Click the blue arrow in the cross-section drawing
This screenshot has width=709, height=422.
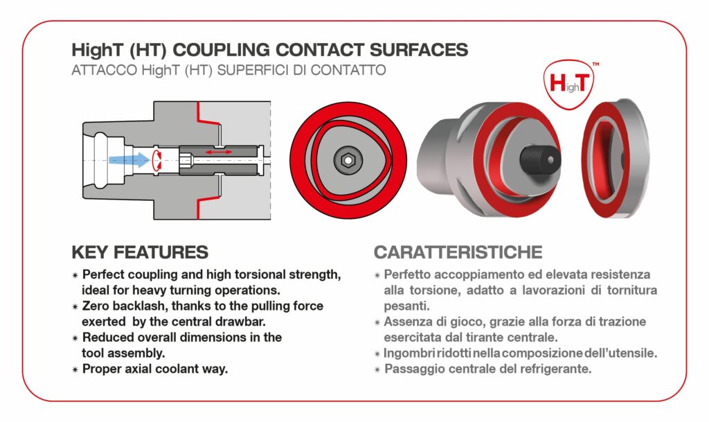pyautogui.click(x=129, y=159)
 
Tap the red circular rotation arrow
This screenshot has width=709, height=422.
pyautogui.click(x=157, y=160)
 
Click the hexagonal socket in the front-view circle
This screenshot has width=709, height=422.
pyautogui.click(x=348, y=160)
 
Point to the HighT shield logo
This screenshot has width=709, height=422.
pyautogui.click(x=569, y=84)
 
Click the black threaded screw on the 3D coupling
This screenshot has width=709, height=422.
pyautogui.click(x=540, y=159)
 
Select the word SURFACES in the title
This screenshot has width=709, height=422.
pyautogui.click(x=419, y=50)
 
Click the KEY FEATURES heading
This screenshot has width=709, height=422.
pyautogui.click(x=140, y=252)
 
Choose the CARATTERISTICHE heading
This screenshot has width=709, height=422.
pyautogui.click(x=458, y=252)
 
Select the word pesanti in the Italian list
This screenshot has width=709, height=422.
pyautogui.click(x=406, y=307)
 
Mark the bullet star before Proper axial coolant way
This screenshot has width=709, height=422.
pyautogui.click(x=75, y=369)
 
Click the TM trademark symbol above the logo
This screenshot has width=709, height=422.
pyautogui.click(x=595, y=64)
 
